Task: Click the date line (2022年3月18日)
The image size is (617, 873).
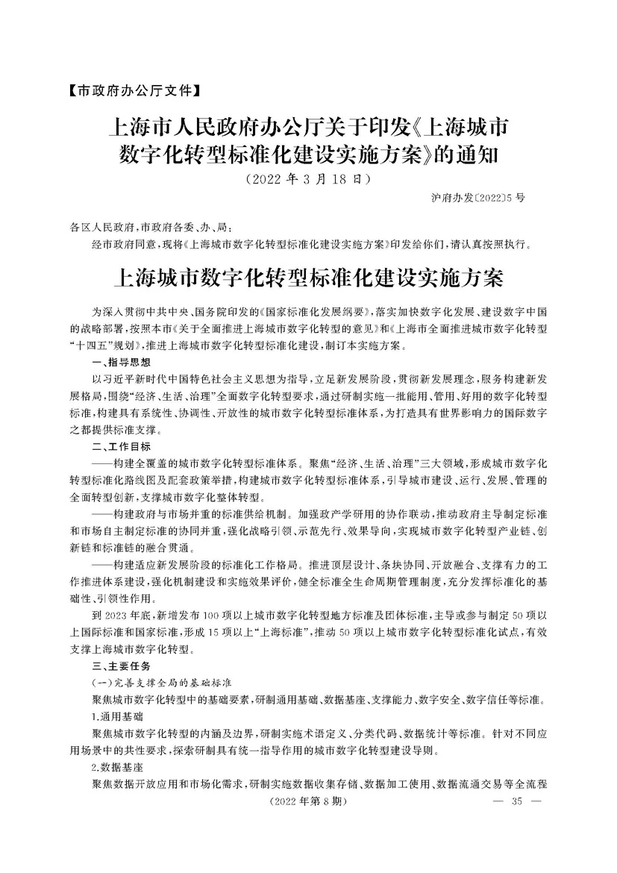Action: [308, 180]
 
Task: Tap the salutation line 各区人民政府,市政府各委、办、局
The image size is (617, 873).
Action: [155, 227]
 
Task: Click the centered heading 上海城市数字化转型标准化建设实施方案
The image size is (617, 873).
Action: [308, 280]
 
